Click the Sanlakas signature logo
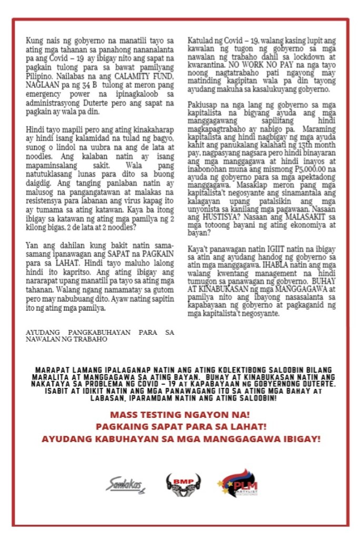click(x=125, y=484)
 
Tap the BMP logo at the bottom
click(x=183, y=484)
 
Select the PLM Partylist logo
click(x=239, y=484)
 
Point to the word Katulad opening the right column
click(x=201, y=40)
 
